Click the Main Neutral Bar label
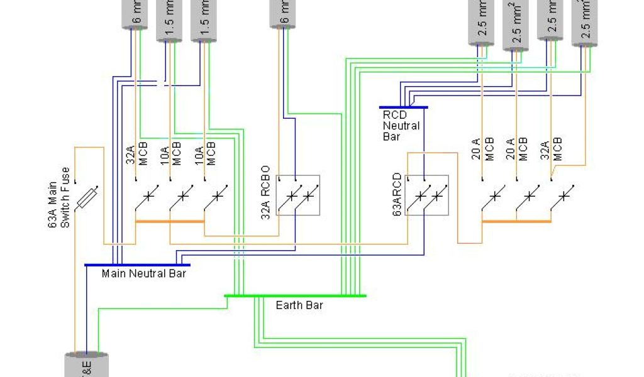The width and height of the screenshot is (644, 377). point(144,273)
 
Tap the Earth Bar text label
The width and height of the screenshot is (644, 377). point(299,305)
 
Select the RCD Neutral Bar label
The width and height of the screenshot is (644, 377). point(401,125)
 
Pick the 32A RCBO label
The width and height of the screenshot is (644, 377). point(265,192)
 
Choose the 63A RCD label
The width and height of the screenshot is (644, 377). point(397,195)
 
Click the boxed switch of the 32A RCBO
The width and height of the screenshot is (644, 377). point(297,195)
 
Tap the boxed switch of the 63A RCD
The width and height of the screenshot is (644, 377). point(426,195)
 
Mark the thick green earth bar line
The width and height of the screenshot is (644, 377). point(295,295)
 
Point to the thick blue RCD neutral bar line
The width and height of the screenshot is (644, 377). point(403,107)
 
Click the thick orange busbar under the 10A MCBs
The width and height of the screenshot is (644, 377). point(170,221)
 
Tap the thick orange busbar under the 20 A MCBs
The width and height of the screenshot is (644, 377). point(516,221)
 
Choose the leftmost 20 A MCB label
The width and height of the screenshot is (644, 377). point(484,149)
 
